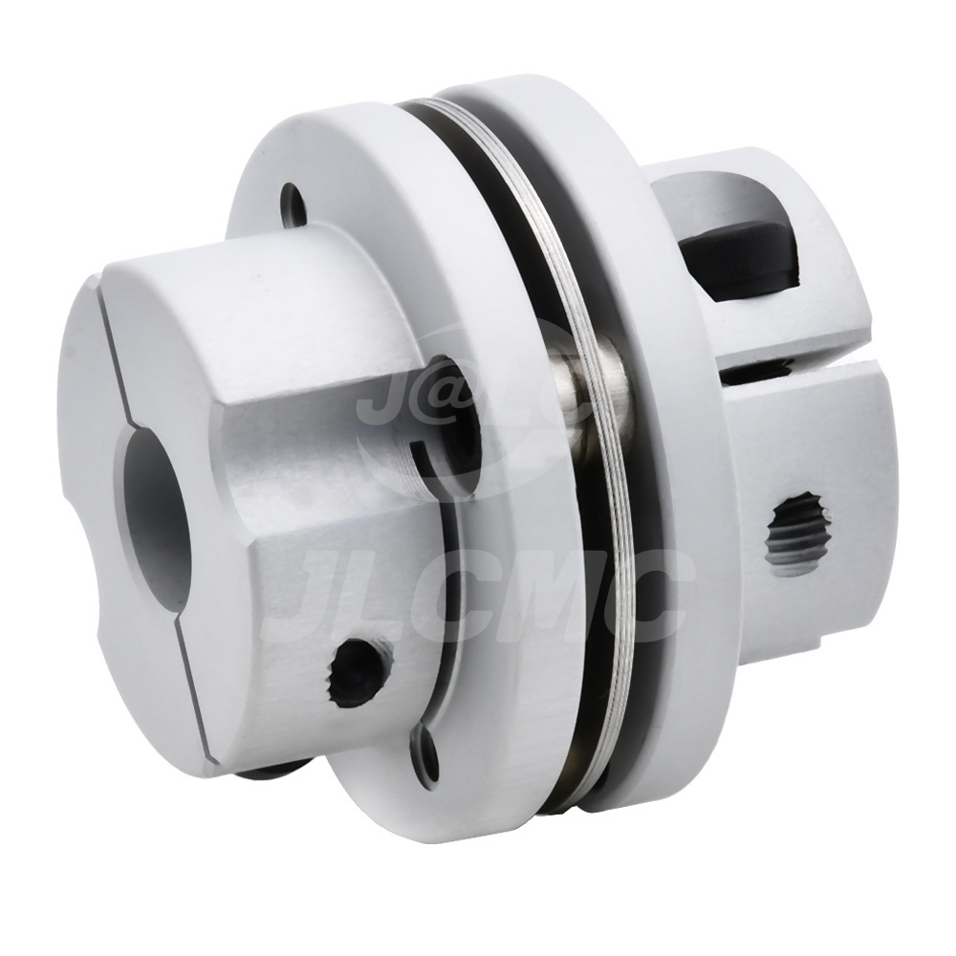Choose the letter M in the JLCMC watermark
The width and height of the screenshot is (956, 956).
(x=535, y=597)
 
